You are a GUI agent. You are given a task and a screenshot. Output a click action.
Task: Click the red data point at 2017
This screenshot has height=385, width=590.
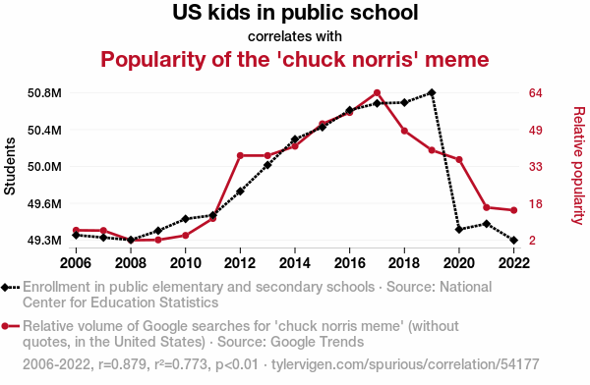pyautogui.click(x=377, y=93)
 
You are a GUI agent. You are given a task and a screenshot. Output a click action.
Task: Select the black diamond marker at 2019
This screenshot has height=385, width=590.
pyautogui.click(x=432, y=92)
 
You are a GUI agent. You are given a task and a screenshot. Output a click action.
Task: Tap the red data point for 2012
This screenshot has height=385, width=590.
pyautogui.click(x=240, y=155)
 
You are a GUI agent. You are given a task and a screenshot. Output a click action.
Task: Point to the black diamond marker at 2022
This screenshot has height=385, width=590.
pyautogui.click(x=513, y=240)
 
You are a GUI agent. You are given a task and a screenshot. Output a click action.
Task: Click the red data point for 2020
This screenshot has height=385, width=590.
pyautogui.click(x=459, y=160)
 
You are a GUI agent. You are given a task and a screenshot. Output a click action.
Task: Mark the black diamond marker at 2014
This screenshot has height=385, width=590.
pyautogui.click(x=295, y=139)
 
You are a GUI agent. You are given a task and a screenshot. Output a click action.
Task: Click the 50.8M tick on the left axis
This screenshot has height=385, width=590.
pyautogui.click(x=44, y=93)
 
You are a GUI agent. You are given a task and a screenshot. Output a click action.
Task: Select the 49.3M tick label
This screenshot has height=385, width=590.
pyautogui.click(x=44, y=240)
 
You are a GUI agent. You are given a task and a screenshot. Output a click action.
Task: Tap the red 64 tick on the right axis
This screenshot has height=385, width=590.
pyautogui.click(x=536, y=93)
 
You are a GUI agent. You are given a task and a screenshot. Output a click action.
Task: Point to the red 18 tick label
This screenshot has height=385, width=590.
pyautogui.click(x=536, y=203)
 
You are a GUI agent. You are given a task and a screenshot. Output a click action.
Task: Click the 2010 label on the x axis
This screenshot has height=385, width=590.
pyautogui.click(x=185, y=263)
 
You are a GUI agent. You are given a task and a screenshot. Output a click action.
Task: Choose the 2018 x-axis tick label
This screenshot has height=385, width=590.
pyautogui.click(x=404, y=263)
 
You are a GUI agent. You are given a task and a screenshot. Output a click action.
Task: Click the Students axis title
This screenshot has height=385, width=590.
pyautogui.click(x=10, y=166)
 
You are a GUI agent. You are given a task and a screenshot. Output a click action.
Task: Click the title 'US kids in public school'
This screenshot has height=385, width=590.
pyautogui.click(x=295, y=13)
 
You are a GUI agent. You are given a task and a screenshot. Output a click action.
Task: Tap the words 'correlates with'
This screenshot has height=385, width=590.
pyautogui.click(x=295, y=36)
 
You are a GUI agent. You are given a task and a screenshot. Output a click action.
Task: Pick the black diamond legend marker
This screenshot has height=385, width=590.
pyautogui.click(x=5, y=288)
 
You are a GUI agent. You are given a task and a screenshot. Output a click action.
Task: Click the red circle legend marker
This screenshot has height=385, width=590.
pyautogui.click(x=5, y=326)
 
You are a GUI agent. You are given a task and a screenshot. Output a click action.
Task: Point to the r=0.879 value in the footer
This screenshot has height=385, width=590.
pyautogui.click(x=123, y=364)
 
